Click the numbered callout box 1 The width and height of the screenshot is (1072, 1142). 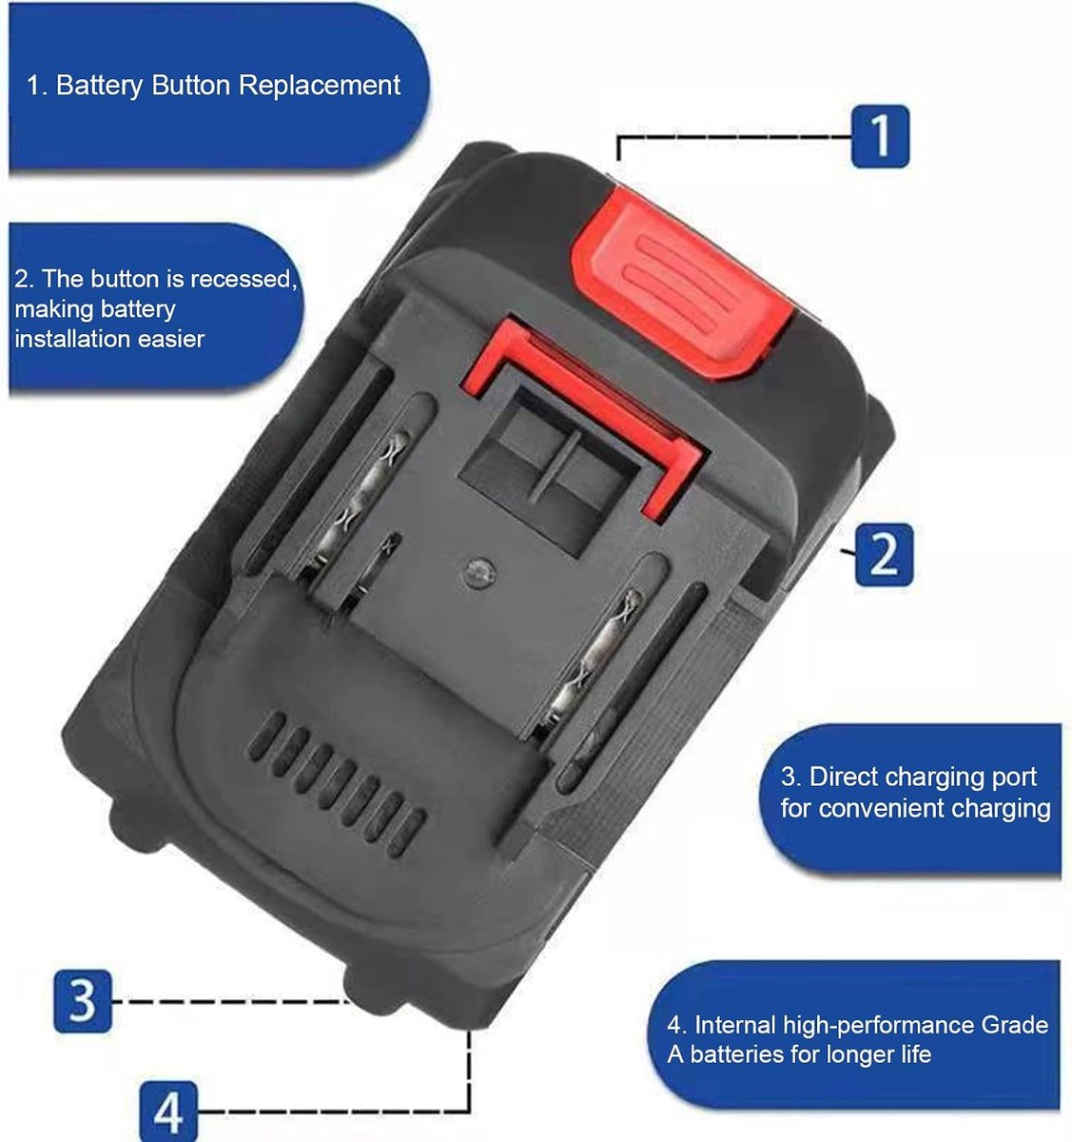coord(880,136)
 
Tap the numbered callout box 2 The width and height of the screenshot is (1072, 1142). coord(884,554)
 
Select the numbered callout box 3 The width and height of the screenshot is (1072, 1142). coord(83,1001)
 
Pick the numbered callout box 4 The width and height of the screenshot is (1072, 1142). coord(168,1112)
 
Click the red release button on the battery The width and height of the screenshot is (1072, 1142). coord(681,285)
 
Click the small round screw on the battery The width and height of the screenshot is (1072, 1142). coord(478,573)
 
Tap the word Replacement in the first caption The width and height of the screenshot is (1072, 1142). coord(319,85)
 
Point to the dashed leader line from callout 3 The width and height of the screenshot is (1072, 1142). coord(230,1002)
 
